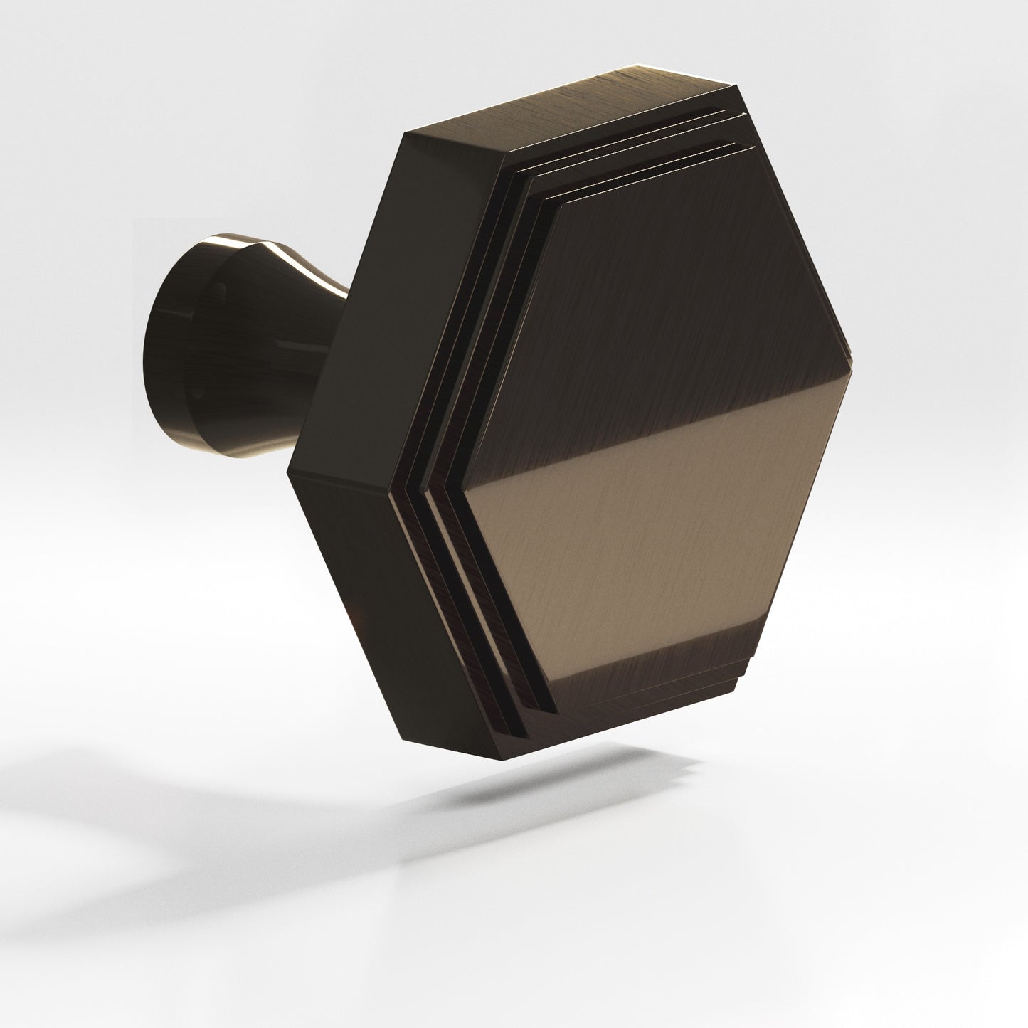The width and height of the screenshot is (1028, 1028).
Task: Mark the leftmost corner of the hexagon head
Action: [287, 473]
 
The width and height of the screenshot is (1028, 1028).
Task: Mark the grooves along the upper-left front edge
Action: [462, 320]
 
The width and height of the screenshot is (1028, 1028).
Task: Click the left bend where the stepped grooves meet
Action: [413, 484]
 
